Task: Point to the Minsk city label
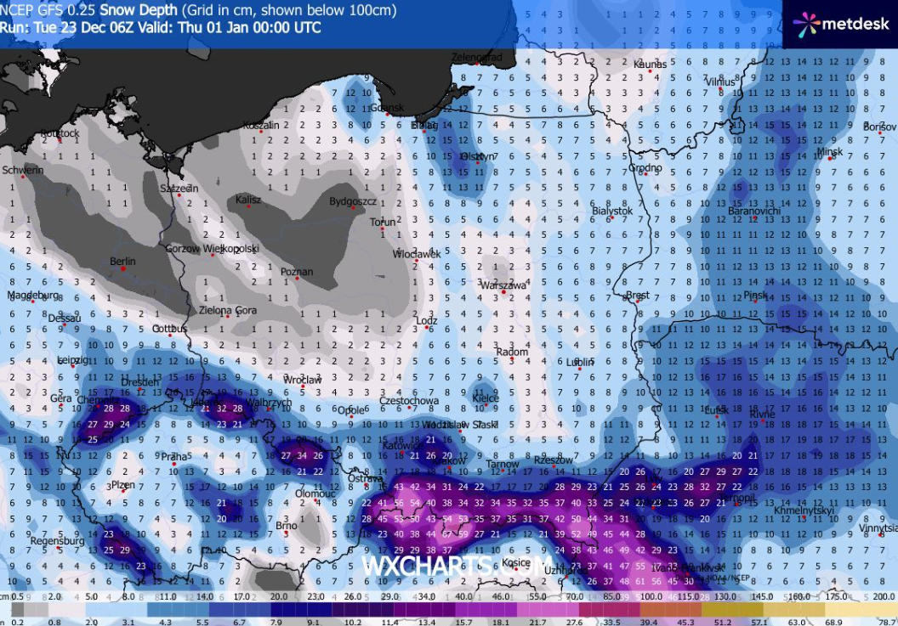pos(829,152)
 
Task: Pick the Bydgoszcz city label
pos(353,201)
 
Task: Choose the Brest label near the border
pos(637,296)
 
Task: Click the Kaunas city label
pos(649,65)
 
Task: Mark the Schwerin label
pos(23,170)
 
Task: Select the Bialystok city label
pos(612,210)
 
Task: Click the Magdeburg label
pos(33,296)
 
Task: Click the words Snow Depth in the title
pos(139,10)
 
